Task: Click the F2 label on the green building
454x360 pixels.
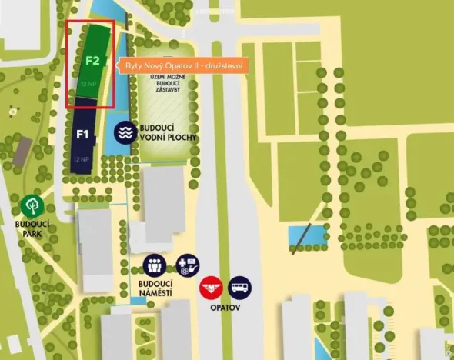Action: [92, 60]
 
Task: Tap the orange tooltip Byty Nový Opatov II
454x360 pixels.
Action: [183, 67]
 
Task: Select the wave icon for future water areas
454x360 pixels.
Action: [125, 132]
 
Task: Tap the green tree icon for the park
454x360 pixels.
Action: [32, 205]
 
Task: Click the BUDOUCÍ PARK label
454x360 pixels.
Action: [32, 228]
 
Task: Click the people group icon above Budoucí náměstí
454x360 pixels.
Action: [155, 266]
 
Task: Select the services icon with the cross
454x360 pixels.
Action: [187, 265]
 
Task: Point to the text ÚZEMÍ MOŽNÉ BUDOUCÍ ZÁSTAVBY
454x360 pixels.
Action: [162, 86]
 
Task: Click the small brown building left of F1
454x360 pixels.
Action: [22, 152]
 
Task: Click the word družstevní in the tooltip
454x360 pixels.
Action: [224, 67]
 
